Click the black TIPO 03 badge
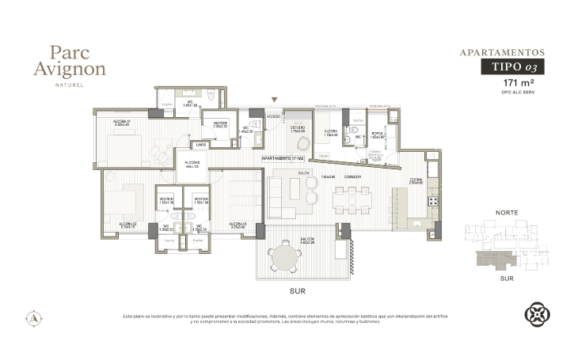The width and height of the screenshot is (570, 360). [x=513, y=68]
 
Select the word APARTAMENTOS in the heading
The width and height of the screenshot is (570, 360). [x=502, y=53]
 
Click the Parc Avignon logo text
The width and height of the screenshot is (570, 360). [x=78, y=61]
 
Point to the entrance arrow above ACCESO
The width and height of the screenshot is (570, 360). [x=274, y=100]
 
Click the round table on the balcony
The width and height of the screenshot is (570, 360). [x=283, y=257]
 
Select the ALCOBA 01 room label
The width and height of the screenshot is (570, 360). [x=122, y=121]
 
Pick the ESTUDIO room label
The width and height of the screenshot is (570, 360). [x=297, y=127]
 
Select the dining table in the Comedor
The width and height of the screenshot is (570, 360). [x=350, y=199]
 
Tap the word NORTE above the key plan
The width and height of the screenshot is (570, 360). [x=506, y=213]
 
